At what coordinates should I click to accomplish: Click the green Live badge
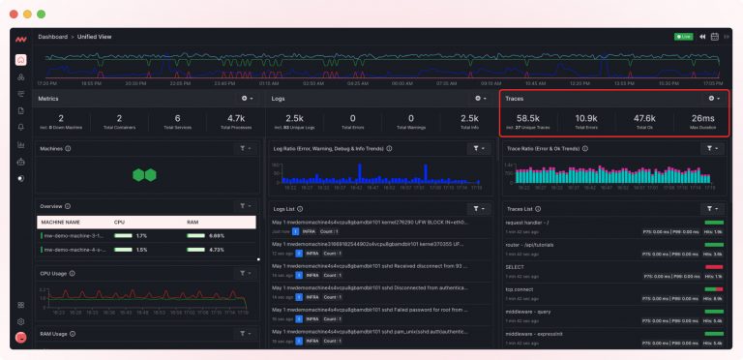tap(683, 37)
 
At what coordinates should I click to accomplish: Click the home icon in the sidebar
tap(21, 60)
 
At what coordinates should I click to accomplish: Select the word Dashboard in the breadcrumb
tap(52, 37)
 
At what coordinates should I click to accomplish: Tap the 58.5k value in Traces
tap(528, 118)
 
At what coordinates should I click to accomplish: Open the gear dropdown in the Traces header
tap(714, 99)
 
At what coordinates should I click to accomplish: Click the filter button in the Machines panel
tap(245, 149)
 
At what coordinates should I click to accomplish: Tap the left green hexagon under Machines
tap(139, 175)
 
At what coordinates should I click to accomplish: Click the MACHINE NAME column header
tap(60, 222)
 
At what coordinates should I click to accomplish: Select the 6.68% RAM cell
tap(216, 235)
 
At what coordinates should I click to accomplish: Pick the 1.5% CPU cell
tap(141, 250)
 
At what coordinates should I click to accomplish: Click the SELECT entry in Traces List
tap(516, 266)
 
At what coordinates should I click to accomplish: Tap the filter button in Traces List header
tap(712, 208)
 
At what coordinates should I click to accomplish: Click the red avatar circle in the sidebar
tap(21, 338)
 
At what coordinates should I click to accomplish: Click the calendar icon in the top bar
tap(714, 37)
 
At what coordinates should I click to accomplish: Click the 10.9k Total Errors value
tap(586, 118)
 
